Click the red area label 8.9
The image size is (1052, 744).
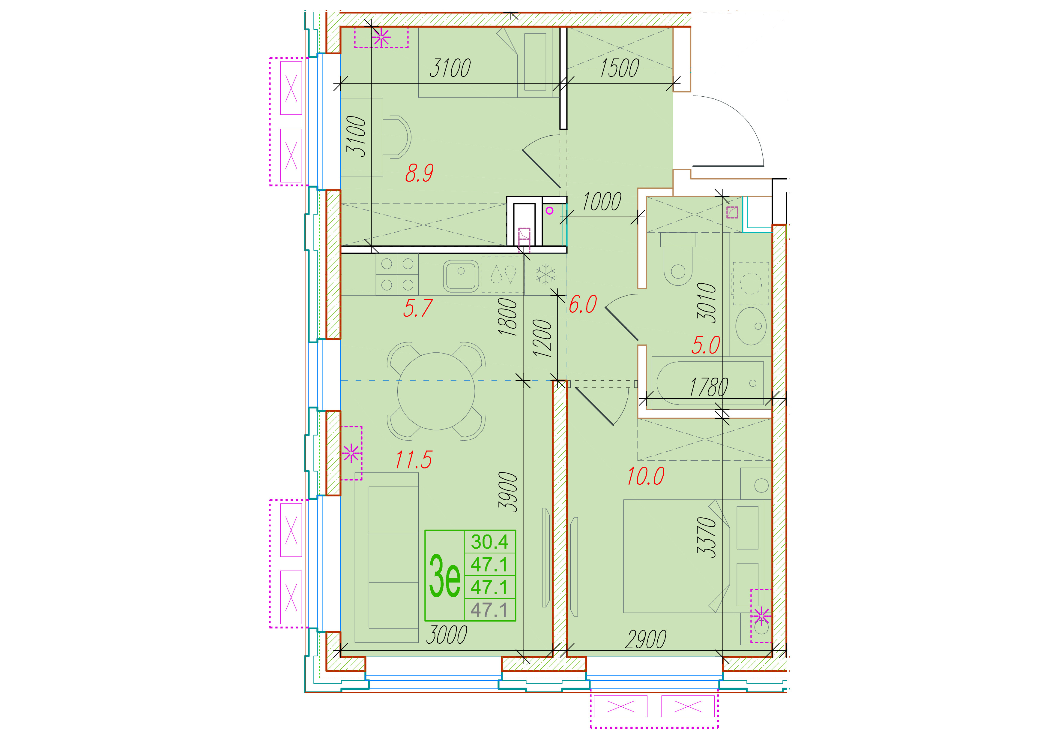coord(419,173)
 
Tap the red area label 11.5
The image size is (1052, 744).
coord(414,460)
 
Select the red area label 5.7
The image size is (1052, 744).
coord(418,308)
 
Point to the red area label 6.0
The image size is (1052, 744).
coord(583,304)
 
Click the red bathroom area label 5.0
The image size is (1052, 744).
coord(706,345)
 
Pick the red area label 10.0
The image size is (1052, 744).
coord(646,476)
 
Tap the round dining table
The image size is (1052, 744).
coord(436,391)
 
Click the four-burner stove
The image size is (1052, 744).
coord(397,275)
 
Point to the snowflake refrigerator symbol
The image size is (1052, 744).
coord(546,274)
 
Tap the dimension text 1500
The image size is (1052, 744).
coord(620,68)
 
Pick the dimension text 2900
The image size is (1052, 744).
coord(646,640)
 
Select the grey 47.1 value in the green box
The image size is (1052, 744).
coord(489,610)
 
